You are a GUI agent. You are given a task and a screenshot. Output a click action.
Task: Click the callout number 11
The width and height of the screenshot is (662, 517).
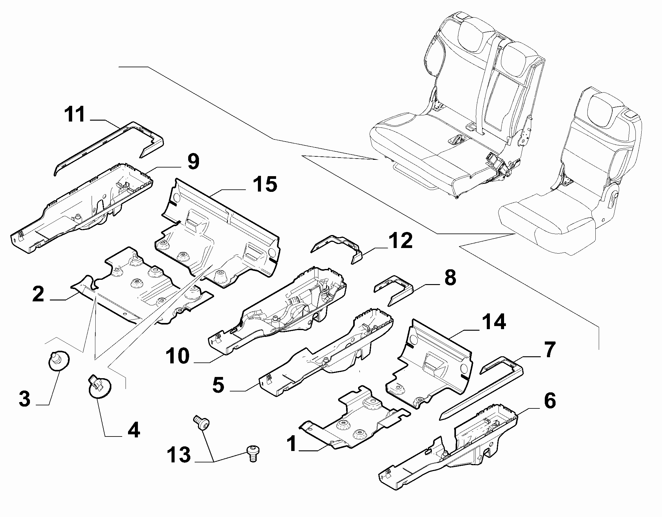(x=74, y=115)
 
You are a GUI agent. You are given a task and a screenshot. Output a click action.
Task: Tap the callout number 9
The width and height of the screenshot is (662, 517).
(x=193, y=162)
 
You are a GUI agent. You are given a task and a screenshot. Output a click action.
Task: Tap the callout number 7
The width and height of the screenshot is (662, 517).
(x=549, y=349)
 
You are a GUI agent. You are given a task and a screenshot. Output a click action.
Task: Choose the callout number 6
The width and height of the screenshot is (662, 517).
(x=550, y=401)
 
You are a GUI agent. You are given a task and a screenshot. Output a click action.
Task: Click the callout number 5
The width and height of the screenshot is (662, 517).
(x=218, y=385)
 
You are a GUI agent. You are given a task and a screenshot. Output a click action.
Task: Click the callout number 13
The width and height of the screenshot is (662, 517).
(x=179, y=455)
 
